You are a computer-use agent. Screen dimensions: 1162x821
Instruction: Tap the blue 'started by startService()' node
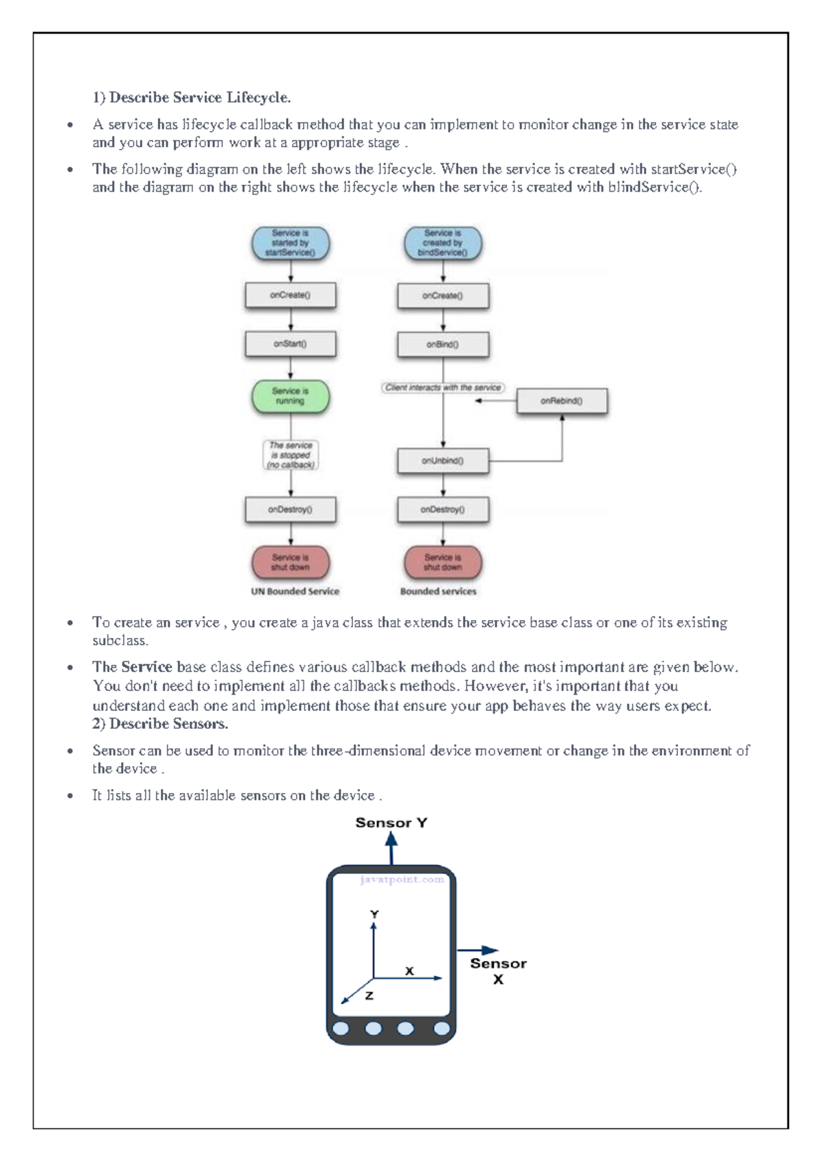pos(290,243)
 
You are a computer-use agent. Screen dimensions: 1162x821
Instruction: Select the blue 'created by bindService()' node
pos(443,243)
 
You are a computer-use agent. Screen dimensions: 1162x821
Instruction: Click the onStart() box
pos(290,344)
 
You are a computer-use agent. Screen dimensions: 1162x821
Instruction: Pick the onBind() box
pos(443,345)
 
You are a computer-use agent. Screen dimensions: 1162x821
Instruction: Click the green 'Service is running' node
pos(290,396)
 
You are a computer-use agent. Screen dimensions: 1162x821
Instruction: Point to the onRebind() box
pos(562,401)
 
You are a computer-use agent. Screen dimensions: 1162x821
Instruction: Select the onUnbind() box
pos(443,461)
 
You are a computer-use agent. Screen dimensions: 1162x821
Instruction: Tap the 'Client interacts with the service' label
pos(443,387)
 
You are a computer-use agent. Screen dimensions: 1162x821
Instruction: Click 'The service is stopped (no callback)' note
pos(291,455)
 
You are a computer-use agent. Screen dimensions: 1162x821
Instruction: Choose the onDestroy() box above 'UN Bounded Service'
pos(290,510)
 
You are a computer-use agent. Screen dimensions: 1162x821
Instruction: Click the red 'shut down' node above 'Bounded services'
pos(443,563)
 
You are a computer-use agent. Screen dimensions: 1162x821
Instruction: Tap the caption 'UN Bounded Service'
pos(295,591)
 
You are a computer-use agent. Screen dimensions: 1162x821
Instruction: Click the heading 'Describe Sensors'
pos(168,724)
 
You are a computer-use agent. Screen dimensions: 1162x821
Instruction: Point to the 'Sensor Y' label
pos(391,823)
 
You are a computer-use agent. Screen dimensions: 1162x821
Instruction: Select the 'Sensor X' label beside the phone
pos(498,970)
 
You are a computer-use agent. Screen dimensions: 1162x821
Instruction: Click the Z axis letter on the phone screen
pos(369,996)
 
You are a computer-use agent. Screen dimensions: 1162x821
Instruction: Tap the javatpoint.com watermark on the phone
pos(402,880)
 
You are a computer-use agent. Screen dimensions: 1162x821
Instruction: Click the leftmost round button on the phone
pos(341,1029)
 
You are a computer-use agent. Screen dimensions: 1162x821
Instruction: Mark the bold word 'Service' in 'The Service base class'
pos(146,667)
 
